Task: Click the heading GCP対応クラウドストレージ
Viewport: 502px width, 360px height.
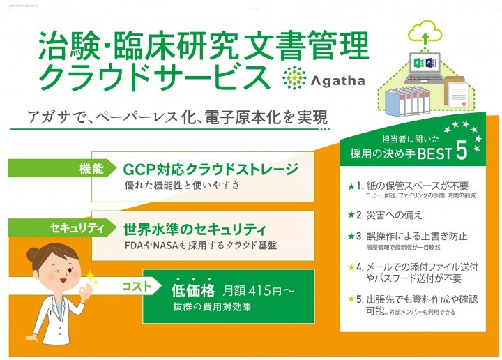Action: click(210, 170)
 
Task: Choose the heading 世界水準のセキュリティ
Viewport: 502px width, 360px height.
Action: click(195, 228)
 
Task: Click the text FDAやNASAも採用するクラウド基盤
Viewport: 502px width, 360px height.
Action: click(200, 246)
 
